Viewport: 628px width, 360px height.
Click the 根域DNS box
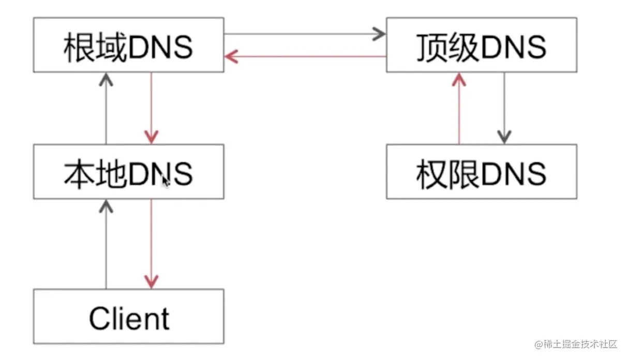pyautogui.click(x=128, y=45)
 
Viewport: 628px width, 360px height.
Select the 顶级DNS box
pyautogui.click(x=481, y=45)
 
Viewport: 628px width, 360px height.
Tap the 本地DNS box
pyautogui.click(x=128, y=172)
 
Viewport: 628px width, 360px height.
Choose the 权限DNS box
pyautogui.click(x=481, y=172)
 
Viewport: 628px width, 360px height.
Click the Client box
pyautogui.click(x=128, y=317)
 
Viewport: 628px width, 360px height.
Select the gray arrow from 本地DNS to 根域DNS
pyautogui.click(x=106, y=109)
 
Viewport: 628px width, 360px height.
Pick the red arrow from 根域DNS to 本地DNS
pyautogui.click(x=151, y=109)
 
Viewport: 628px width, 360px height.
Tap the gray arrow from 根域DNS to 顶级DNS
pyautogui.click(x=305, y=34)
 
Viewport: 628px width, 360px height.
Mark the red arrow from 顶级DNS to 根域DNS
pyautogui.click(x=305, y=56)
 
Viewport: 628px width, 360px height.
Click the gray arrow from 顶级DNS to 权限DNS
pyautogui.click(x=504, y=109)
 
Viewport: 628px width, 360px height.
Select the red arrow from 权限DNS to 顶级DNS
pyautogui.click(x=459, y=109)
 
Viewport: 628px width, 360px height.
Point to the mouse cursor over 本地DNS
pyautogui.click(x=166, y=182)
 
